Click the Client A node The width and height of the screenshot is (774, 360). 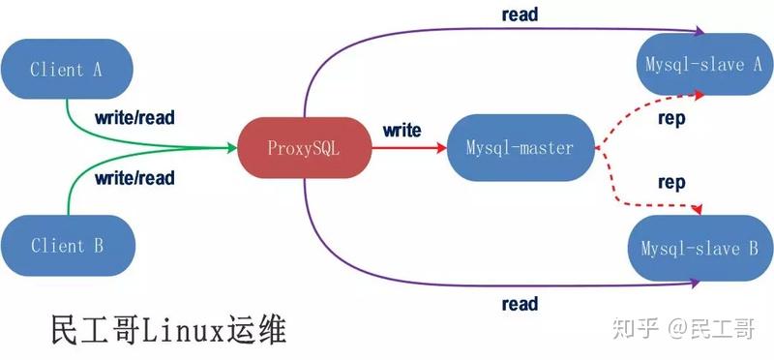tap(66, 69)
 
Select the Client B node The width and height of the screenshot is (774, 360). tap(66, 246)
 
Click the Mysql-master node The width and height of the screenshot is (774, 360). tap(520, 149)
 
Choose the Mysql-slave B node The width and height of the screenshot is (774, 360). tap(700, 249)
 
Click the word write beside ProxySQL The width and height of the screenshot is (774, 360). tap(402, 130)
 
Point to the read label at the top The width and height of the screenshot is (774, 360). tap(520, 15)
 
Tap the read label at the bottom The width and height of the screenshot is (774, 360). tap(520, 305)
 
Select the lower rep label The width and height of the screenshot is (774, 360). tap(671, 182)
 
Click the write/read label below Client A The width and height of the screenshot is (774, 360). tap(134, 118)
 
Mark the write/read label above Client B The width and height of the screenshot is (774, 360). tap(134, 177)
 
